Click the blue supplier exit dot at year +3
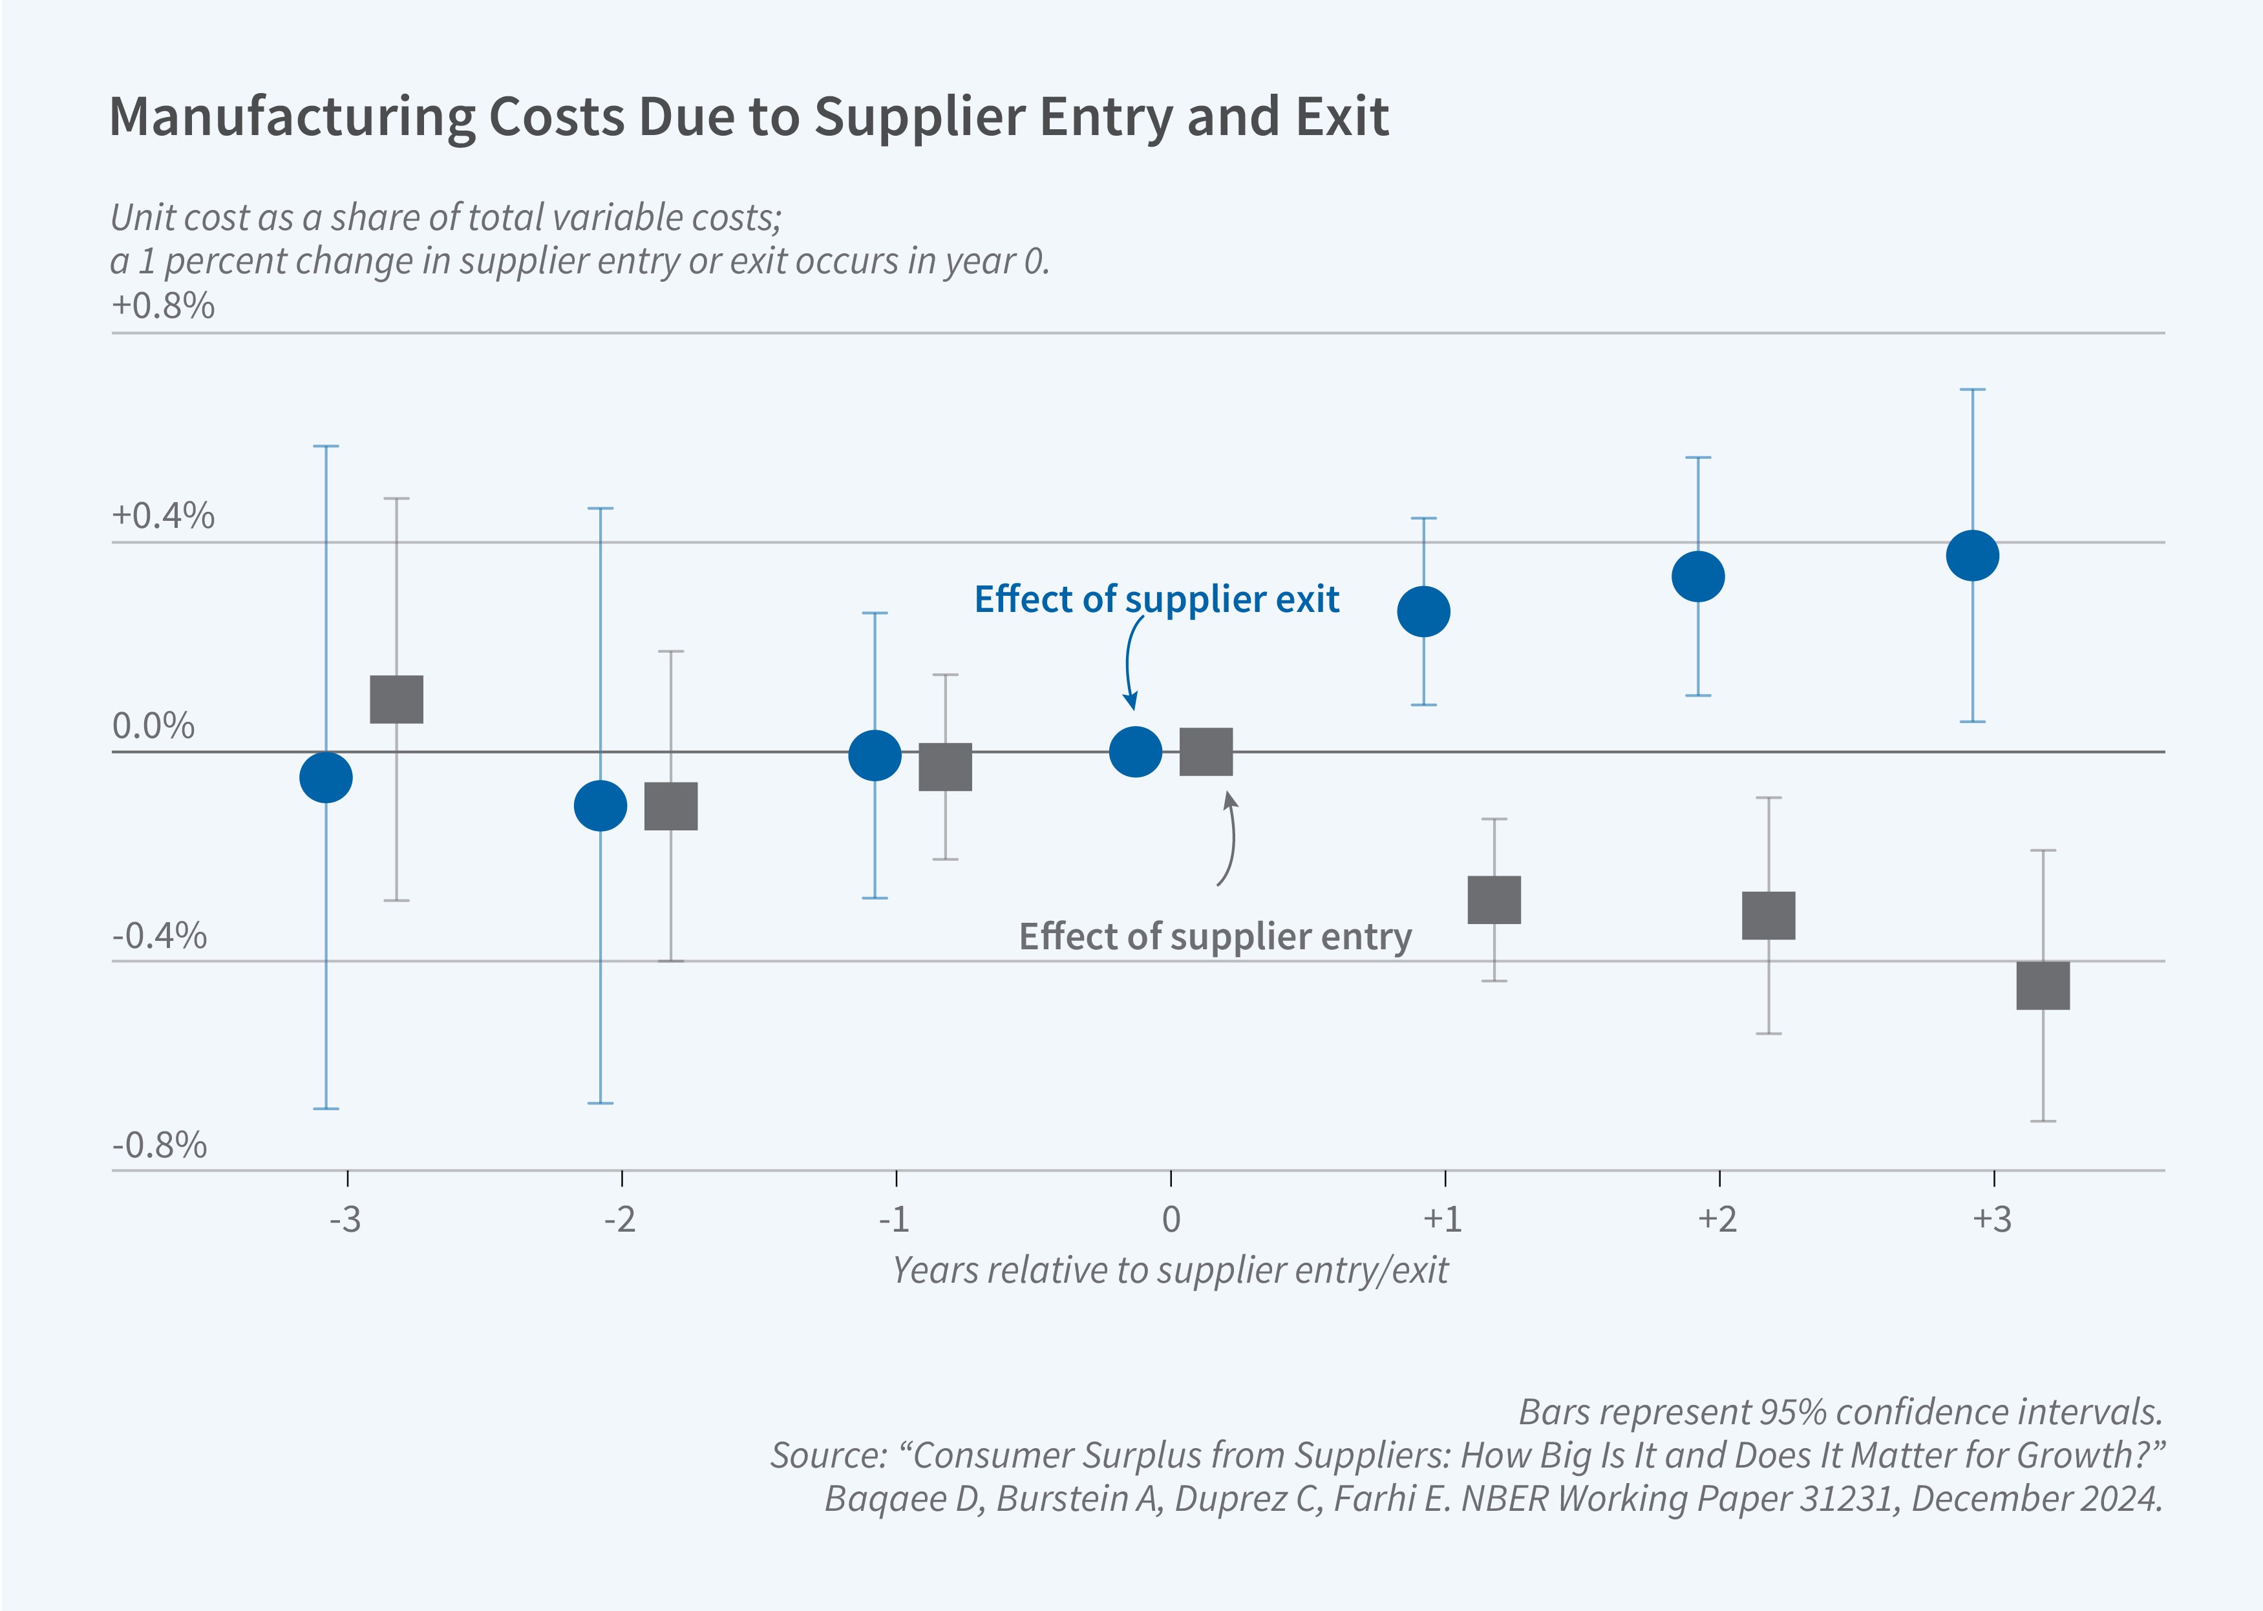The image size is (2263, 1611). tap(1972, 556)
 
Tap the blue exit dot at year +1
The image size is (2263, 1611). tap(1424, 611)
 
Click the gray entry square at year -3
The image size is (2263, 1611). tap(397, 699)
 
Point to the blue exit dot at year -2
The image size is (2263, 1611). tap(600, 805)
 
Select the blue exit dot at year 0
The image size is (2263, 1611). tap(1135, 752)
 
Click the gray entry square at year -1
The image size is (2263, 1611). tap(946, 767)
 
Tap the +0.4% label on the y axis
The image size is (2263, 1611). tap(164, 516)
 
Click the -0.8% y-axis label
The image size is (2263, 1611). tap(160, 1146)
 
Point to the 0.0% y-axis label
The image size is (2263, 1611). tap(154, 726)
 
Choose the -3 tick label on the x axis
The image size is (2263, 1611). tap(345, 1219)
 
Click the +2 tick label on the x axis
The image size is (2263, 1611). tap(1717, 1219)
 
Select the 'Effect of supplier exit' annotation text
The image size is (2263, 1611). tap(1157, 599)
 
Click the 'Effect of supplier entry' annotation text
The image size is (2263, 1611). tap(1215, 936)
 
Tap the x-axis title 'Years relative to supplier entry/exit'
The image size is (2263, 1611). tap(1171, 1270)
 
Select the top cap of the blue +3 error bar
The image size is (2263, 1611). tap(1972, 390)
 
